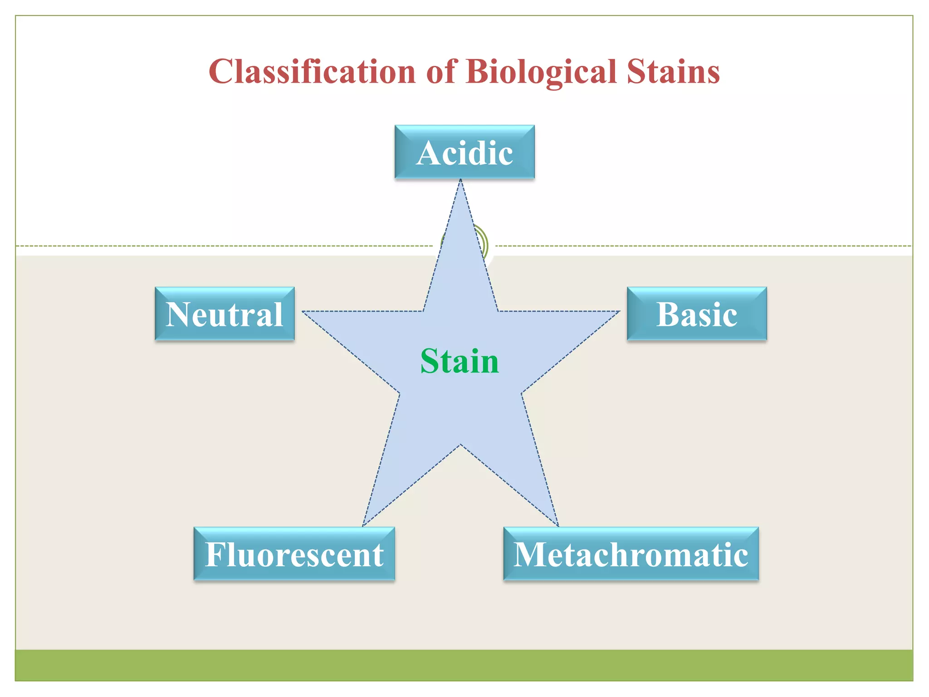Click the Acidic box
[x=464, y=152]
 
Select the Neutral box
[x=225, y=314]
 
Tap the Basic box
[x=697, y=314]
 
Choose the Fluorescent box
[x=294, y=554]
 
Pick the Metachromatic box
[x=631, y=554]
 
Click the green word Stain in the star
[x=460, y=361]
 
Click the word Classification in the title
[x=312, y=72]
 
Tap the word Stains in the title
[x=673, y=72]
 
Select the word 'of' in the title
[x=441, y=72]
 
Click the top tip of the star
[x=460, y=181]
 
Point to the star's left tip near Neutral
[x=304, y=312]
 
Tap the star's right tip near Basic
[x=618, y=312]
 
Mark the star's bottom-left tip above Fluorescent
[x=363, y=525]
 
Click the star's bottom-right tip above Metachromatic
[x=557, y=525]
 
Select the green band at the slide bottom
[x=464, y=665]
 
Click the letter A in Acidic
[x=429, y=153]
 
